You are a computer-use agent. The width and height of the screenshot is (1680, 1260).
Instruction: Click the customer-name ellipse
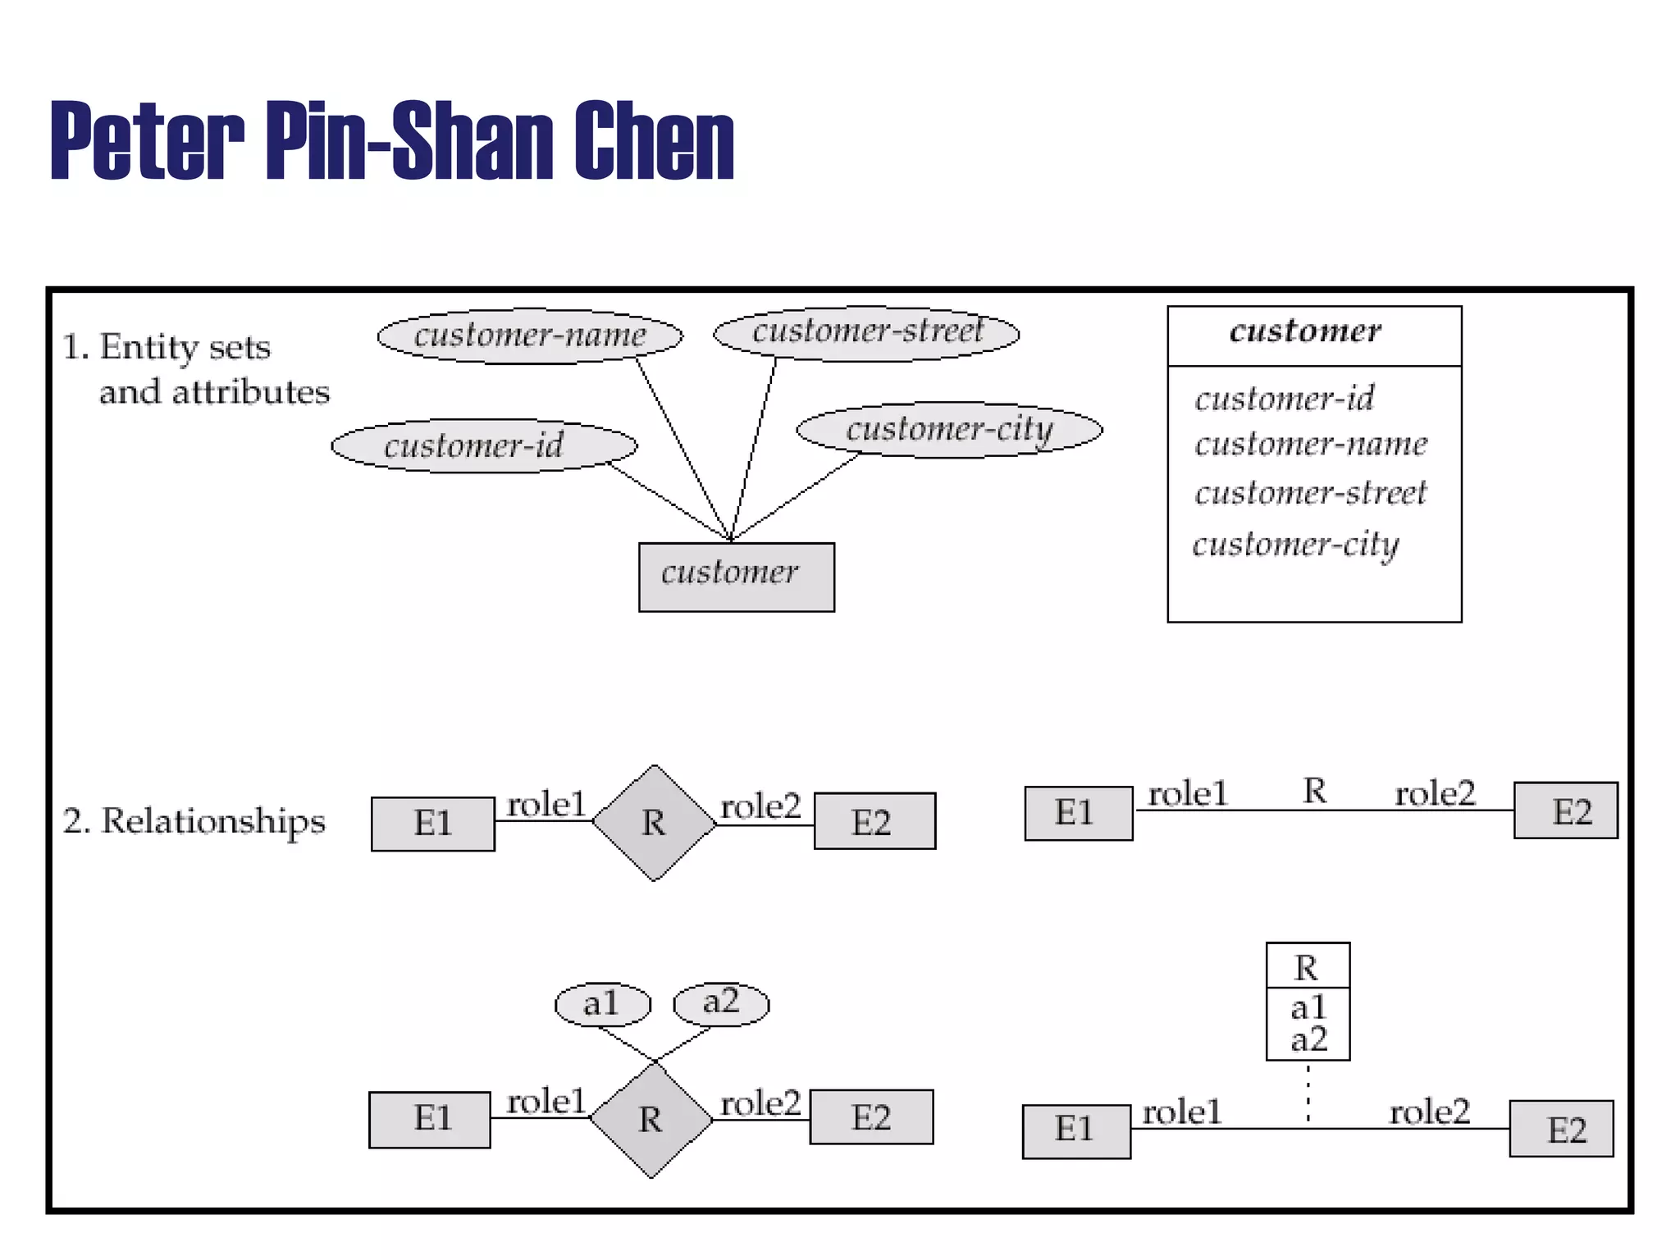click(530, 336)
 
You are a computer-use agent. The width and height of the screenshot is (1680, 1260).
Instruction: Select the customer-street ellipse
click(866, 332)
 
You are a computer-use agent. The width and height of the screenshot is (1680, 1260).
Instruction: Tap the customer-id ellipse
click(484, 445)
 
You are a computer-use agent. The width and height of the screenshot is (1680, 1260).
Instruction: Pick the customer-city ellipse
click(949, 429)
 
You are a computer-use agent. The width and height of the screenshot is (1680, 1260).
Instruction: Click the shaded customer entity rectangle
click(736, 576)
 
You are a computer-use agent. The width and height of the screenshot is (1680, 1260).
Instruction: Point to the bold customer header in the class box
click(1305, 331)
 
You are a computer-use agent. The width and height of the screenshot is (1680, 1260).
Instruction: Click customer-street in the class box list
click(1310, 493)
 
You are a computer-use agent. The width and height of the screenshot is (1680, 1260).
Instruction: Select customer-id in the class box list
click(1284, 399)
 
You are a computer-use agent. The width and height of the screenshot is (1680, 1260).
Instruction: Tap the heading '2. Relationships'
click(194, 821)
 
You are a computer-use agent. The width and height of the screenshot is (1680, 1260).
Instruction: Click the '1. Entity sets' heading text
click(167, 348)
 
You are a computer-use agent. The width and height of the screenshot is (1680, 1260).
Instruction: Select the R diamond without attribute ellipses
click(654, 823)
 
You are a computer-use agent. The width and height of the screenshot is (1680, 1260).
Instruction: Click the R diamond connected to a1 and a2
click(651, 1120)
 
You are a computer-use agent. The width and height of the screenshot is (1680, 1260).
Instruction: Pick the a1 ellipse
click(602, 1004)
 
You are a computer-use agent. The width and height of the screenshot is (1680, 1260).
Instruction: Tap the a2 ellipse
click(721, 1002)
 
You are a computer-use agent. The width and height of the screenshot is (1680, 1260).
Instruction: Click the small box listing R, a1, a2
click(1308, 1002)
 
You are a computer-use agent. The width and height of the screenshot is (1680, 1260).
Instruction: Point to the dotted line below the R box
click(1308, 1093)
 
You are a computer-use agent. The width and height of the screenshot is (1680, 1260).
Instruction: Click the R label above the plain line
click(1314, 792)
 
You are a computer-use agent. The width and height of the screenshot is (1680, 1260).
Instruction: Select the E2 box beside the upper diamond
click(874, 821)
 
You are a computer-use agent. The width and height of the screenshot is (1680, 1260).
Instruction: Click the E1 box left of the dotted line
click(1075, 1130)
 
